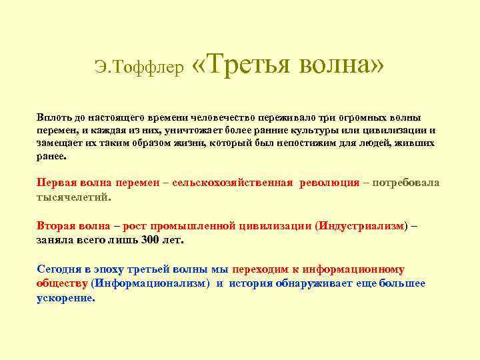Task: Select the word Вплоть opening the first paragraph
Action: point(51,117)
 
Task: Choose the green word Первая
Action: point(56,183)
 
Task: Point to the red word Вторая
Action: point(55,226)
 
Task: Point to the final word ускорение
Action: point(65,298)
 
